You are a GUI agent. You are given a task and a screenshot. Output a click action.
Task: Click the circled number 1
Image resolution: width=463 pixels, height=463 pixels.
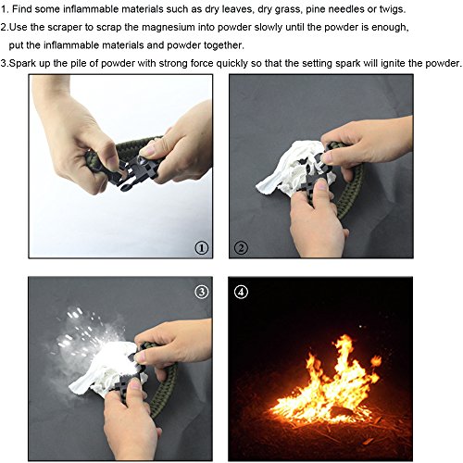pyautogui.click(x=202, y=248)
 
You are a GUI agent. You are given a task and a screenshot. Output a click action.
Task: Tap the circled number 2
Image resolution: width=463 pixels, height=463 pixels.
pyautogui.click(x=241, y=248)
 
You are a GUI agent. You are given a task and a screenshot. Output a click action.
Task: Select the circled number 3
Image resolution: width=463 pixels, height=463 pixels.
pyautogui.click(x=202, y=292)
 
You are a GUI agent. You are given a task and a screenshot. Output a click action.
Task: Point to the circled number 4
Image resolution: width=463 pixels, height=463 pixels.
pyautogui.click(x=241, y=292)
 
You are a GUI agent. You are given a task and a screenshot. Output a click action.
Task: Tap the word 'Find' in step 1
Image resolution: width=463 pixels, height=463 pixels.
pyautogui.click(x=22, y=9)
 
